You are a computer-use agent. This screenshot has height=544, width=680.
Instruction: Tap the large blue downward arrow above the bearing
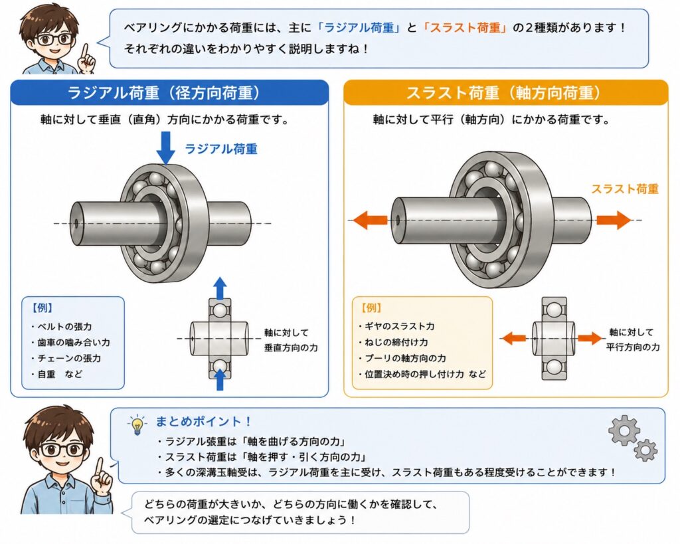[x=165, y=148]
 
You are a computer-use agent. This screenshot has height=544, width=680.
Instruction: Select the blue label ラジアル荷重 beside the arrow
[x=221, y=149]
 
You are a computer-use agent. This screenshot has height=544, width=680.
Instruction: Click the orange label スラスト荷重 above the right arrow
[x=625, y=189]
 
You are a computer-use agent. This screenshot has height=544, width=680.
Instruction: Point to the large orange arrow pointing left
[x=369, y=220]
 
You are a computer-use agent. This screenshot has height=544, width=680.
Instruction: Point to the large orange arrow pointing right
[x=613, y=219]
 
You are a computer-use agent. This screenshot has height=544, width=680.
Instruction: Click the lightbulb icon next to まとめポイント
[x=137, y=424]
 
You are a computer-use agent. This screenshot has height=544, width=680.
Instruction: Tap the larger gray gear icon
[x=624, y=430]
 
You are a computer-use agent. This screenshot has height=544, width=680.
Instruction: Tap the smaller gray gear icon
[x=645, y=450]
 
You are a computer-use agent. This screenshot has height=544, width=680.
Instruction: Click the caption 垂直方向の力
[x=291, y=348]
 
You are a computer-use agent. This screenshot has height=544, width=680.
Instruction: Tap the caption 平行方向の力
[x=633, y=347]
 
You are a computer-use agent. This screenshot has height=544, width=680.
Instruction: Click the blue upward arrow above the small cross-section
[x=220, y=288]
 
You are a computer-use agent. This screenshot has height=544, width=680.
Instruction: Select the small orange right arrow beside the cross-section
[x=590, y=338]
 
